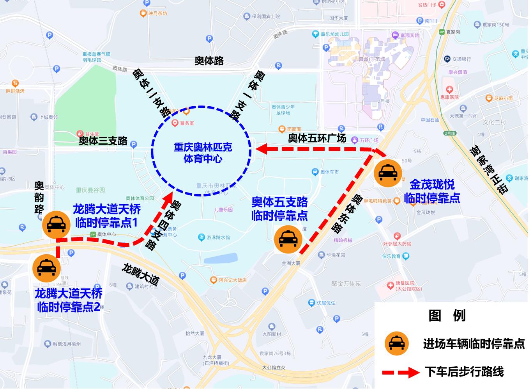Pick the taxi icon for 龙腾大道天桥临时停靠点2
[x=46, y=268]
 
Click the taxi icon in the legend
[x=396, y=344]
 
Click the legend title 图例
[x=447, y=315]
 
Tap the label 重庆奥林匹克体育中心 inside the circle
[x=203, y=153]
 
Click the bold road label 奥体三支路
[x=103, y=141]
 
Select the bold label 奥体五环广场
[x=317, y=138]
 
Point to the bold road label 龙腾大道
[x=141, y=274]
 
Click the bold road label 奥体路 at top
[x=209, y=61]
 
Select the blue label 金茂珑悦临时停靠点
[x=432, y=191]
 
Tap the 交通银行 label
[x=461, y=59]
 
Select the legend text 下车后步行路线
[x=464, y=371]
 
